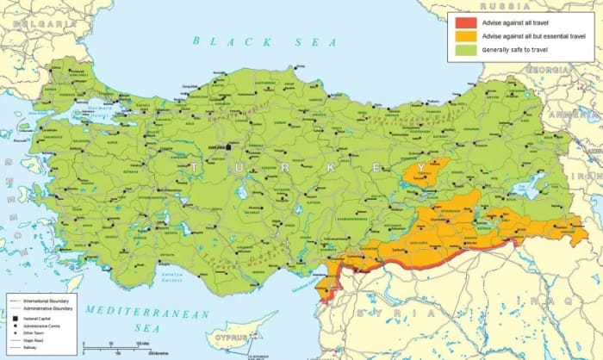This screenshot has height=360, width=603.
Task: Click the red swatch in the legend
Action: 462,21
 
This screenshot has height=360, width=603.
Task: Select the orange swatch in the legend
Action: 462,35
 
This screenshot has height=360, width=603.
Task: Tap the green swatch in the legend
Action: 462,51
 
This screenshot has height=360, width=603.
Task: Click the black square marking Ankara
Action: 229,146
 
